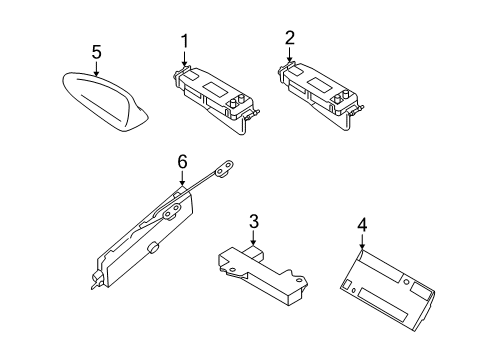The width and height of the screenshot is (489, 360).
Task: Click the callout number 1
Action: point(184,41)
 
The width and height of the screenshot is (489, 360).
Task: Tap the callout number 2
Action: point(290,38)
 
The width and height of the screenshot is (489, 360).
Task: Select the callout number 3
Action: point(254,222)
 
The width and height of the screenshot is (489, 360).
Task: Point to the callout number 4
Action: point(362,225)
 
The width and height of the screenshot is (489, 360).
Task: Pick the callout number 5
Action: point(96,52)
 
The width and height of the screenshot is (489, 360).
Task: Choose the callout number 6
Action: point(182,162)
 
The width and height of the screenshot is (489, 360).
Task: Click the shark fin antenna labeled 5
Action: point(105,101)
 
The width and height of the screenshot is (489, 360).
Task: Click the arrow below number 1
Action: point(184,57)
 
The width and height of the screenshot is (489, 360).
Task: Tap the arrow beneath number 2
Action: point(289,54)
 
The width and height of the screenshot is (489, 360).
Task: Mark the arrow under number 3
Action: point(254,238)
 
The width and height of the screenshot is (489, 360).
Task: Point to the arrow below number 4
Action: point(362,241)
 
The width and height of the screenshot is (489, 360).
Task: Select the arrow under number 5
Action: point(96,68)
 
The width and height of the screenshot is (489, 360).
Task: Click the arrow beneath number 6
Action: point(182,177)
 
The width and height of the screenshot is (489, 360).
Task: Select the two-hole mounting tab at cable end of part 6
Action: point(224,170)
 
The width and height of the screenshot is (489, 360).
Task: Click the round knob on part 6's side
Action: point(152,248)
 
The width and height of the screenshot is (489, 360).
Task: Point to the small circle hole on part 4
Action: point(406,282)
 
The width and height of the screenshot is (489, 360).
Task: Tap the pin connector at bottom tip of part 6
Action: point(96,281)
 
